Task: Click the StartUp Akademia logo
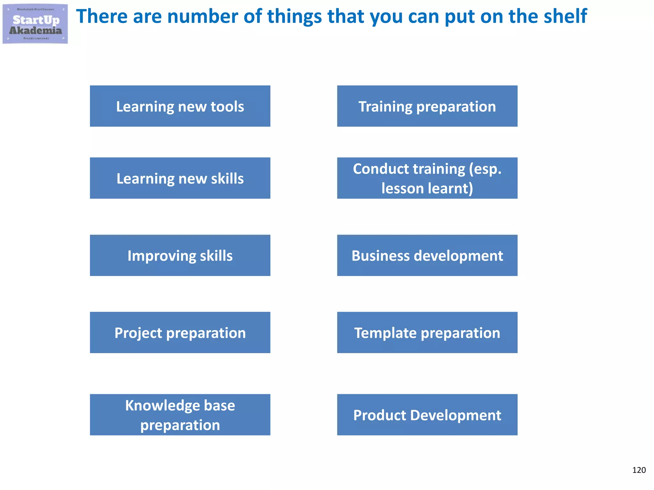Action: (x=35, y=24)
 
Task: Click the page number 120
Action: (x=639, y=470)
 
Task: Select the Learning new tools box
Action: (x=180, y=106)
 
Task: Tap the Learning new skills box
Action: (x=180, y=178)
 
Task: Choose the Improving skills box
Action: (x=180, y=255)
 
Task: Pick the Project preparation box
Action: (x=180, y=332)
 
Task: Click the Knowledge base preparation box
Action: (x=180, y=415)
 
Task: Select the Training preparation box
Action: (x=427, y=106)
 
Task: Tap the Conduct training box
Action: (x=427, y=178)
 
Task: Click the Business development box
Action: (x=427, y=255)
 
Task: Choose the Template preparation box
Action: (x=427, y=332)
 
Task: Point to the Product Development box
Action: (x=427, y=415)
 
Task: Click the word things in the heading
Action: (x=294, y=17)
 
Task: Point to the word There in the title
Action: (x=102, y=17)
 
